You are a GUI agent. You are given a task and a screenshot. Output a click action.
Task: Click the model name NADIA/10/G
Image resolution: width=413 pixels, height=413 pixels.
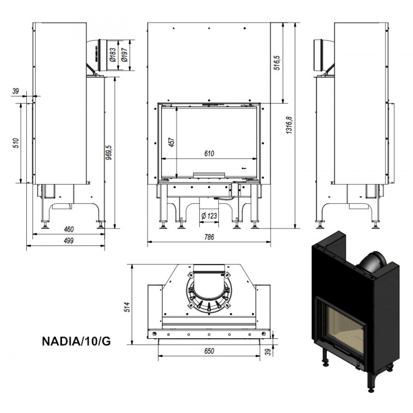pos(76,341)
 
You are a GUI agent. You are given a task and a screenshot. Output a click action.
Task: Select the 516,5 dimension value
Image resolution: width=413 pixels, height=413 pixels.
pos(277,63)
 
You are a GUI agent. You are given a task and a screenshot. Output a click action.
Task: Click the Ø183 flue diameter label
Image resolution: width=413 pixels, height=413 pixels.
pos(113,55)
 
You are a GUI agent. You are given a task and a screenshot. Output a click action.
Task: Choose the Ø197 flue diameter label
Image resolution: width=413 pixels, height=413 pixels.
pos(125,55)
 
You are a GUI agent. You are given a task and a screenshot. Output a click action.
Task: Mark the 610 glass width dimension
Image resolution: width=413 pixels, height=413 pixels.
pos(209,153)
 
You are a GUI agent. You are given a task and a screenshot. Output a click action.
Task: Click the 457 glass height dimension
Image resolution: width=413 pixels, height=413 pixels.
pos(171,142)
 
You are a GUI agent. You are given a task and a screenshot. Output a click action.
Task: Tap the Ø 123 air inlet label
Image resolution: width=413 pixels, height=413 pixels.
pos(209,216)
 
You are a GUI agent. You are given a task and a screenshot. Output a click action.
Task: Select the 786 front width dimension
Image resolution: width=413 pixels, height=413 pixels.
pos(209,237)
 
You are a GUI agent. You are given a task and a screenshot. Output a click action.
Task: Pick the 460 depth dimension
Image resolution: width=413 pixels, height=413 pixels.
pos(69,229)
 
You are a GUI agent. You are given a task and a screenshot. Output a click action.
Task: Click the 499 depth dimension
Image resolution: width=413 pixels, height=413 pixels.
pos(69,240)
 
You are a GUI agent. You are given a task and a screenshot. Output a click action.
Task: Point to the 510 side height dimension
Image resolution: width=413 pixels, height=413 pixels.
pos(16,143)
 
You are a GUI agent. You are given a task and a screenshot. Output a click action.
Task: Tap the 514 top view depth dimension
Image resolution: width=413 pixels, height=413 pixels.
pos(127,307)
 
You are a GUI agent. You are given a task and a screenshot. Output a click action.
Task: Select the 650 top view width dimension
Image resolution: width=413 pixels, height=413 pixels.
pos(209,351)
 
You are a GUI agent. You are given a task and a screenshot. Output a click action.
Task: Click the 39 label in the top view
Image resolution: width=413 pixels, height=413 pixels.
pos(268,352)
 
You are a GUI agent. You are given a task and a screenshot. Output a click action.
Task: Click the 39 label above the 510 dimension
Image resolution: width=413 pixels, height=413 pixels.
pos(16,91)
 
